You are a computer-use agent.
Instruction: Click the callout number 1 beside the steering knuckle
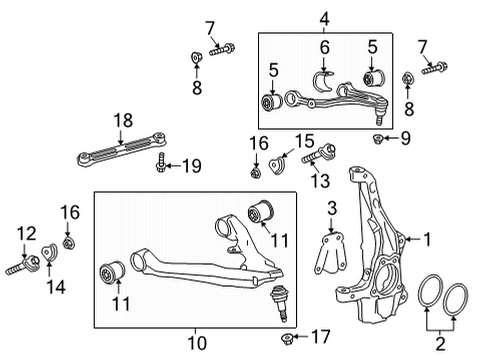click(x=428, y=240)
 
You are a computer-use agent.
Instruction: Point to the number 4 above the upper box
click(x=324, y=19)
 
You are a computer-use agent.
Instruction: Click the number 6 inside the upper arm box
click(x=324, y=47)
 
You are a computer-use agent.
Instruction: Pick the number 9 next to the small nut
click(x=407, y=137)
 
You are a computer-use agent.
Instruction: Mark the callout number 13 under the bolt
click(x=321, y=180)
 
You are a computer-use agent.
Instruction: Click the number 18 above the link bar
click(x=121, y=120)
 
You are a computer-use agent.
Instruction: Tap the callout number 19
click(x=192, y=166)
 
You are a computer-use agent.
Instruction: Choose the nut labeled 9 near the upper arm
click(x=378, y=137)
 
